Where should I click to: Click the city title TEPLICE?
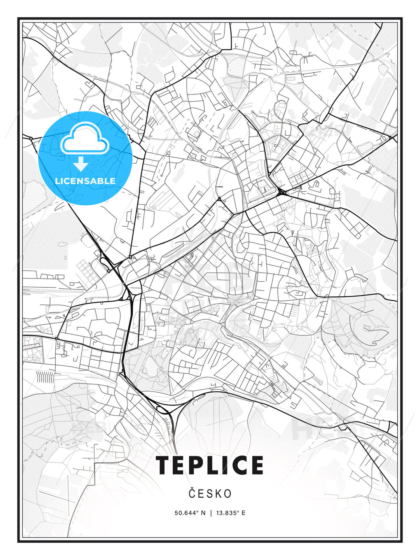point(210,465)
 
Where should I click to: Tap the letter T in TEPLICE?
point(165,465)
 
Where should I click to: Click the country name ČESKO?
point(210,493)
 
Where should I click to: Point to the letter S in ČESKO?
point(210,493)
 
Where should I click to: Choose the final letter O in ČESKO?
point(228,493)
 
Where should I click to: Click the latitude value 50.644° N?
point(190,513)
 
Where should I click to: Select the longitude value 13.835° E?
point(231,513)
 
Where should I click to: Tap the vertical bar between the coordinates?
point(210,513)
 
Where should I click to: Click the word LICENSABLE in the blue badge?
point(85,181)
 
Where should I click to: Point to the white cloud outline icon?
point(84,139)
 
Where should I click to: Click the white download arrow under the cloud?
point(81,164)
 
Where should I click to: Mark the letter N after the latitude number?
point(203,513)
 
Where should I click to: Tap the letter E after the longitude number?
point(243,513)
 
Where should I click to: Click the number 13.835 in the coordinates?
point(227,513)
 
